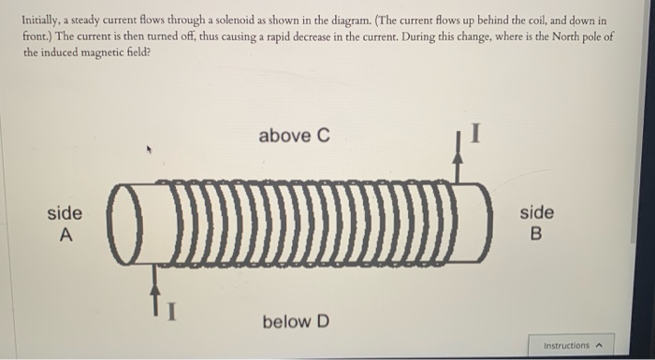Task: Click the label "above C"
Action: [x=294, y=136]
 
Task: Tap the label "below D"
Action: [x=296, y=322]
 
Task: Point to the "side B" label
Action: [x=536, y=223]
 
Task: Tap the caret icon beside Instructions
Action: [x=597, y=345]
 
